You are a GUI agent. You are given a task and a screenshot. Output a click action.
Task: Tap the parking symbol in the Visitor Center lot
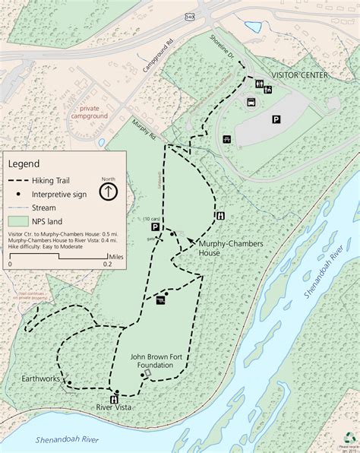tap(276, 119)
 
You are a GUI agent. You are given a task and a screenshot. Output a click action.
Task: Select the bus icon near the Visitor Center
tap(251, 102)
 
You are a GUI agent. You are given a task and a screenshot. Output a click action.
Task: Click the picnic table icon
tap(226, 139)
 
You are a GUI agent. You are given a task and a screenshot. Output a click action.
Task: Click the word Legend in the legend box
tap(24, 163)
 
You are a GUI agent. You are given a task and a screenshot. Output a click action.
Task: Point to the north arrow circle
tap(109, 191)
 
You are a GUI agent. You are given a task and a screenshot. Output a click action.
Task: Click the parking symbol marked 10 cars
tap(155, 226)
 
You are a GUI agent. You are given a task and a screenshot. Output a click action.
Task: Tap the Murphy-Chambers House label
tap(219, 248)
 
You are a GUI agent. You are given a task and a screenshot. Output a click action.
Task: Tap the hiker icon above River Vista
tap(115, 398)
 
